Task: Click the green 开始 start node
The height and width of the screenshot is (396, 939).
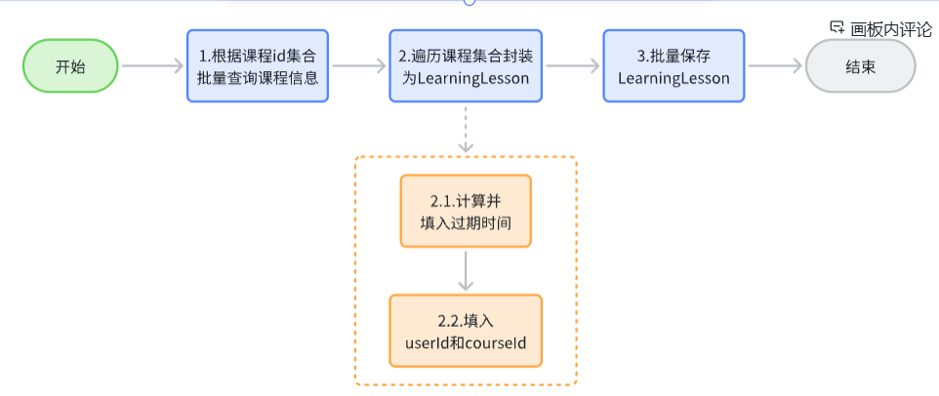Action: [70, 66]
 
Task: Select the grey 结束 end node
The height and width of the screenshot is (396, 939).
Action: [860, 66]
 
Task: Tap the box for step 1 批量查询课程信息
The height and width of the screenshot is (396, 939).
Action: [258, 66]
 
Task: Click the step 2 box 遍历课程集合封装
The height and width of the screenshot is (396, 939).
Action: [466, 66]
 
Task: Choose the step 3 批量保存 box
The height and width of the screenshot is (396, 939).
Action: [674, 66]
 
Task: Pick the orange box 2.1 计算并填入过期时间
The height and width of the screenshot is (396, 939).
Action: [466, 211]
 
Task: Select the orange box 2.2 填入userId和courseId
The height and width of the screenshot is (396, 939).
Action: [466, 331]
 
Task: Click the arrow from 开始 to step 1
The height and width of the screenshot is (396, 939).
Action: [152, 66]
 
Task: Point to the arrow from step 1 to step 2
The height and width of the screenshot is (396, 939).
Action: [359, 66]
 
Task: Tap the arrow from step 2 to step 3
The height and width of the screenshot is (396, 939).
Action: [571, 66]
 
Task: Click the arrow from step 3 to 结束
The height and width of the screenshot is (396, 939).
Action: [775, 66]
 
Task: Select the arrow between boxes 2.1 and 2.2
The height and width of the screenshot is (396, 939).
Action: [466, 270]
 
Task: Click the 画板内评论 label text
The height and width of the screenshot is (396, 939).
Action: [891, 29]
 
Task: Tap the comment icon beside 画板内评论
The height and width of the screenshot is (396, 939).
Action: [837, 28]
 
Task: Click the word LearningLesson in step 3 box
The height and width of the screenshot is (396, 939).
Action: [674, 78]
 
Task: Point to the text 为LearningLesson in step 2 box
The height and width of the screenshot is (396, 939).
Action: [466, 78]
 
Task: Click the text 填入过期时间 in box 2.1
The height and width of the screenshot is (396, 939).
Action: [466, 222]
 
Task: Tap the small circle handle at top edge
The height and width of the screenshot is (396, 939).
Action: [469, 2]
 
